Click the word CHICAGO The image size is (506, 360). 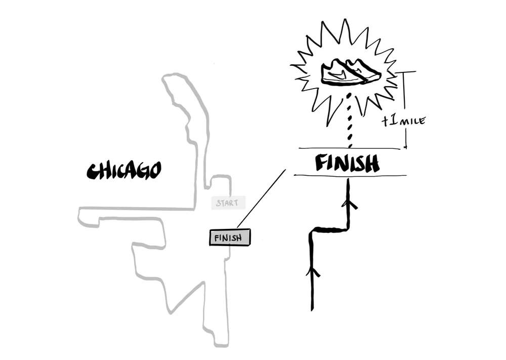[124, 171]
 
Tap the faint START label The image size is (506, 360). [228, 204]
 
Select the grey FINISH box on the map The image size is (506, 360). [230, 237]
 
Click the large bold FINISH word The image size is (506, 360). [347, 163]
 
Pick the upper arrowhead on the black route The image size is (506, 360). [349, 205]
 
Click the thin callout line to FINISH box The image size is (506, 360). [261, 198]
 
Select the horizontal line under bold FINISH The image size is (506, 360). [349, 176]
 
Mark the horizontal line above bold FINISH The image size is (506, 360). [349, 148]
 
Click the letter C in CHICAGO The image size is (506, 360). [92, 172]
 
